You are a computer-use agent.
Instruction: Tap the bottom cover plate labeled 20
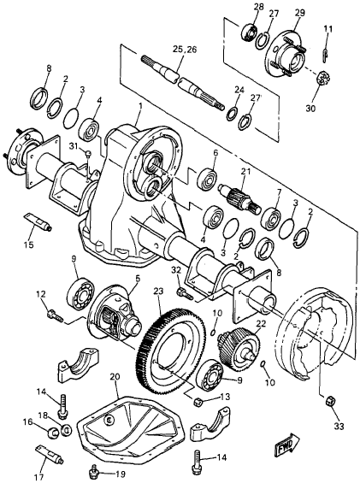(x=128, y=429)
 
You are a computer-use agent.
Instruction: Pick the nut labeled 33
(x=328, y=399)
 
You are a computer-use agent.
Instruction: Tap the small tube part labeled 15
(x=38, y=223)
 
